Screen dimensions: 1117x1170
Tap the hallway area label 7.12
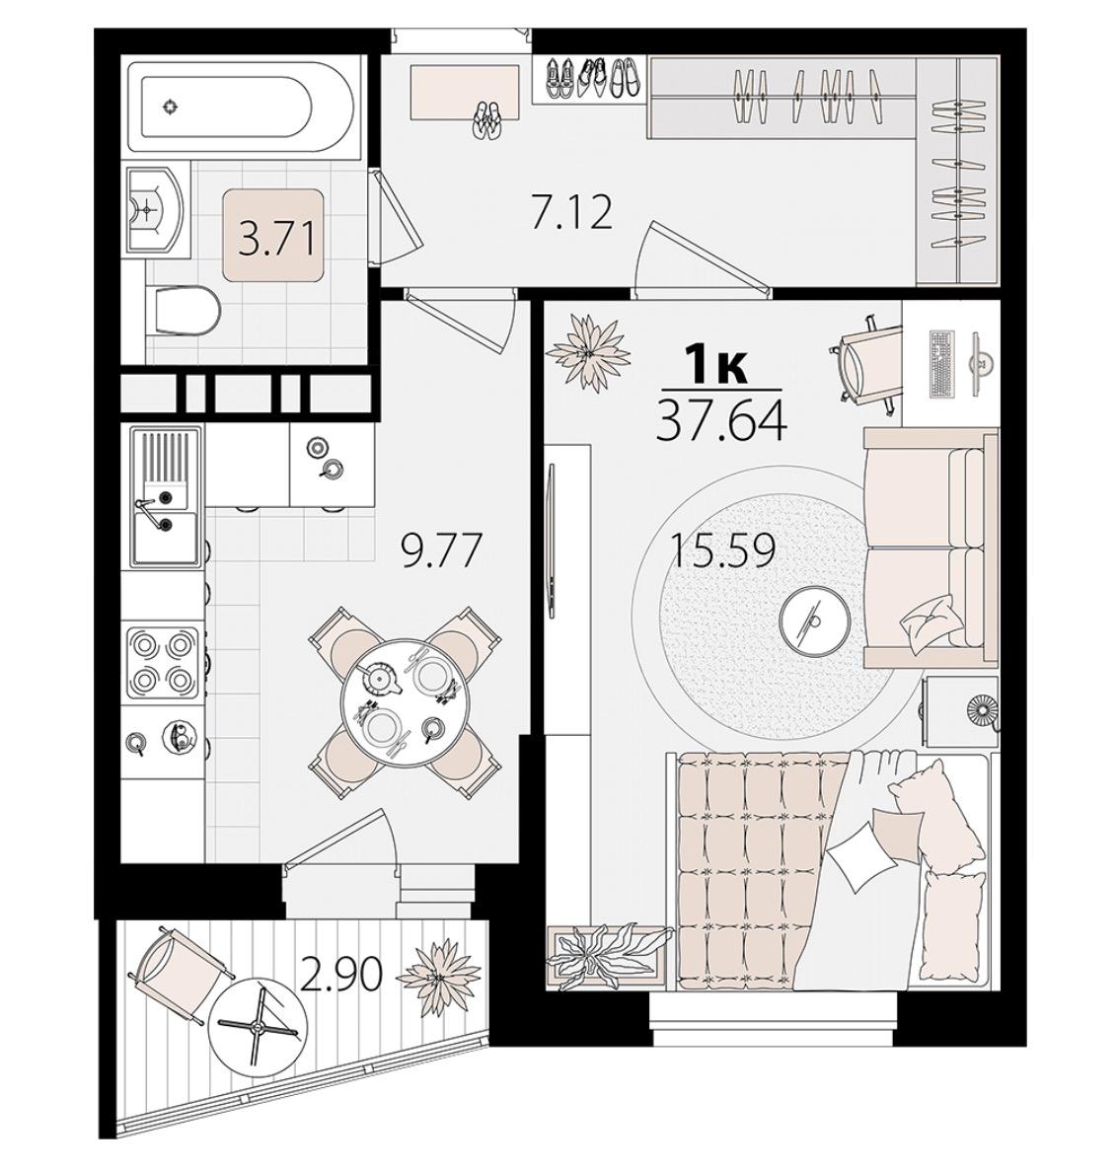(x=570, y=212)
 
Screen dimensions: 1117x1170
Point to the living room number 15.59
(x=723, y=551)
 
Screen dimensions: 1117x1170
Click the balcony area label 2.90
(x=341, y=975)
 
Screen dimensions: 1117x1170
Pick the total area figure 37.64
(x=720, y=420)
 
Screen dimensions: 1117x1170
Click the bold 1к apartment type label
(x=716, y=368)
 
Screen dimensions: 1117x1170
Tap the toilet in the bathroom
(x=184, y=311)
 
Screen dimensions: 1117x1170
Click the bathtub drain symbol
(x=172, y=108)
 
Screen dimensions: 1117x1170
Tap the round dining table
(x=402, y=700)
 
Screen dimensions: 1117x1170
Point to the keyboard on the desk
(x=942, y=364)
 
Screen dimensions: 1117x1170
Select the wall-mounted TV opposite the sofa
(x=553, y=541)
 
